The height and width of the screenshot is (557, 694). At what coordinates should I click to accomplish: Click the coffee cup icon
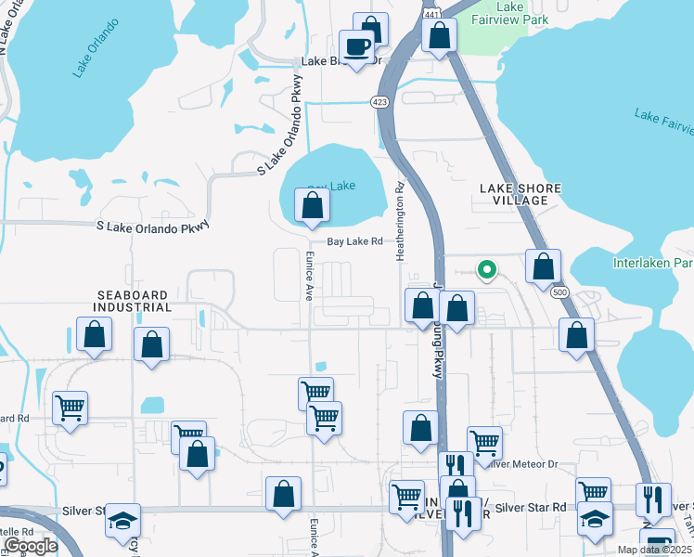click(x=356, y=46)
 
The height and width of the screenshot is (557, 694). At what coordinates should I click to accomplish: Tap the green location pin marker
click(x=485, y=270)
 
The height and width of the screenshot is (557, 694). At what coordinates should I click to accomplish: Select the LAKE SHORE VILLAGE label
click(x=520, y=194)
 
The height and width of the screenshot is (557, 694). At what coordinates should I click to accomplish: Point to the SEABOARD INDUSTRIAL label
click(x=134, y=300)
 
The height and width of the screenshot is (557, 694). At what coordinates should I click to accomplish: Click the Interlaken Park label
click(x=653, y=263)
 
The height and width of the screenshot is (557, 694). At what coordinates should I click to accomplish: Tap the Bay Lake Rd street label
click(x=353, y=241)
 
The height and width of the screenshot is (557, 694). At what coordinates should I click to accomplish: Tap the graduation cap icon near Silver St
click(x=122, y=522)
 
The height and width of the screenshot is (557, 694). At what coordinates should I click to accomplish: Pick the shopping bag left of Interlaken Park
click(x=543, y=266)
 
